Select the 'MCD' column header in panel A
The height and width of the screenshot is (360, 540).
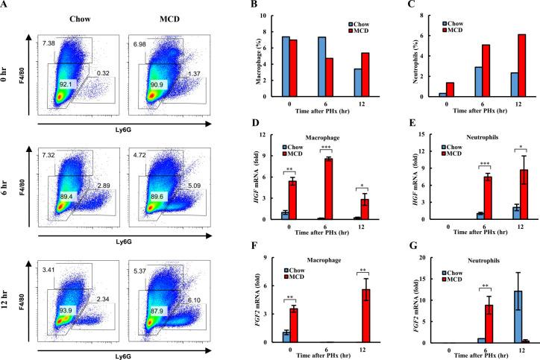tap(157, 16)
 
